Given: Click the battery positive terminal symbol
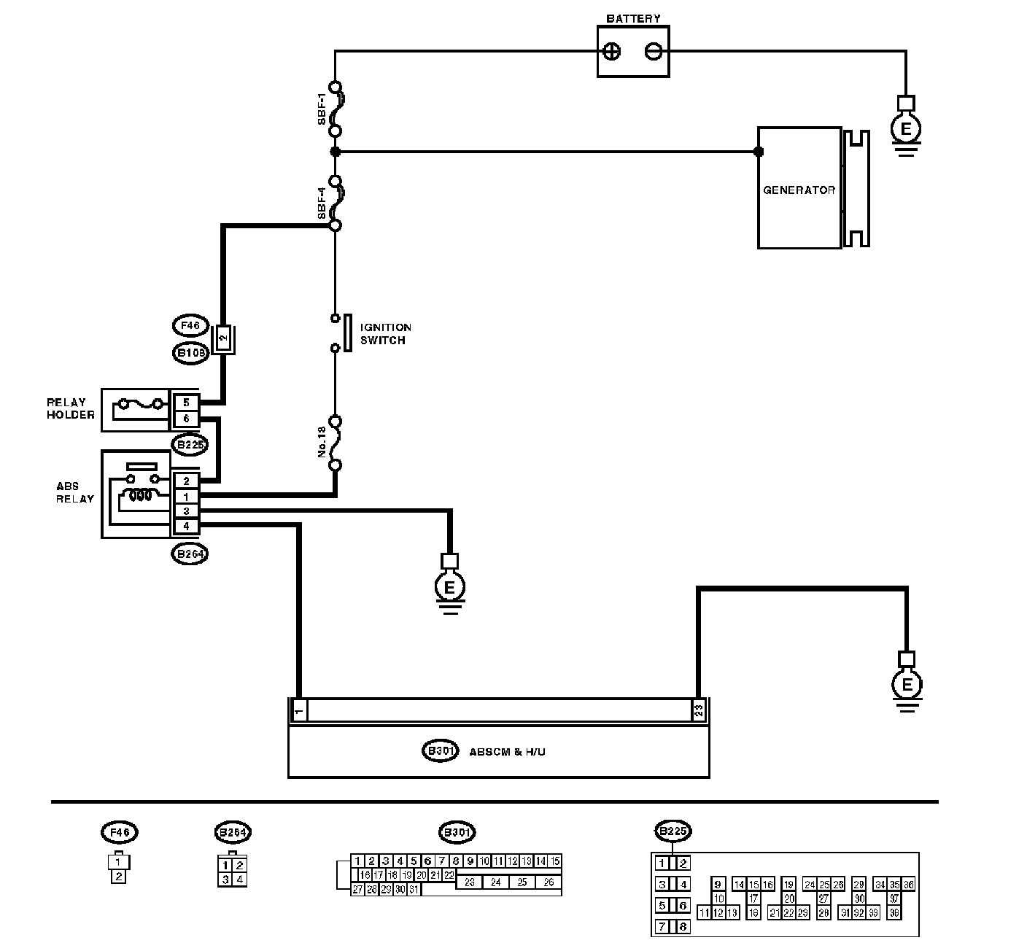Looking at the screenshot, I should pyautogui.click(x=613, y=52).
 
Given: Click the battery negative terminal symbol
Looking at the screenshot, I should pyautogui.click(x=653, y=52).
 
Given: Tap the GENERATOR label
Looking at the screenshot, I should pyautogui.click(x=799, y=190).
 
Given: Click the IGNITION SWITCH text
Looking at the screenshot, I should pyautogui.click(x=385, y=334).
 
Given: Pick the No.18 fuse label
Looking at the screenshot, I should pyautogui.click(x=322, y=442).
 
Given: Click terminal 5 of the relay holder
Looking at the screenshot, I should pyautogui.click(x=187, y=403).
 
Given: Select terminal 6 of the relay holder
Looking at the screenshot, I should pyautogui.click(x=187, y=419).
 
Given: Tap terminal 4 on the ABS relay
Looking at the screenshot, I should pyautogui.click(x=187, y=526).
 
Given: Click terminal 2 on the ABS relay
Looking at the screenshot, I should pyautogui.click(x=187, y=481).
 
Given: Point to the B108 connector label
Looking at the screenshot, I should pyautogui.click(x=191, y=354).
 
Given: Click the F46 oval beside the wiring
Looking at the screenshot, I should pyautogui.click(x=191, y=325).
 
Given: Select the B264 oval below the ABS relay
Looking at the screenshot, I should pyautogui.click(x=190, y=554).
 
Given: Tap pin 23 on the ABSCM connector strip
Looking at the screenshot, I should pyautogui.click(x=699, y=710).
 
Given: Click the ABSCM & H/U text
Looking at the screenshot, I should pyautogui.click(x=508, y=751).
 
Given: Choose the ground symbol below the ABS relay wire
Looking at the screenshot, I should pyautogui.click(x=450, y=587).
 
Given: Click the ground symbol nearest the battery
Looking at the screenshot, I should pyautogui.click(x=906, y=131).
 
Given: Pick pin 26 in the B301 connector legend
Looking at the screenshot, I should pyautogui.click(x=549, y=882).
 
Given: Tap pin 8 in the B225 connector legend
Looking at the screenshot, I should pyautogui.click(x=683, y=927).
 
